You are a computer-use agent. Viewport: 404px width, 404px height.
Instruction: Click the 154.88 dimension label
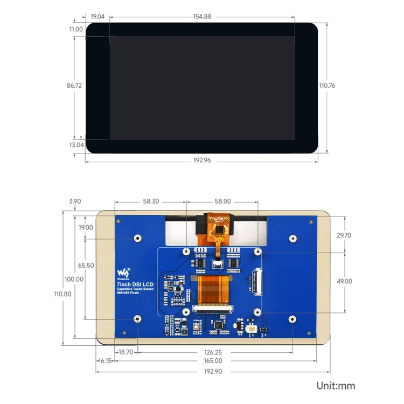pyautogui.click(x=202, y=17)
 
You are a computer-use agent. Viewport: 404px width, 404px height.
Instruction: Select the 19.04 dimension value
pyautogui.click(x=97, y=17)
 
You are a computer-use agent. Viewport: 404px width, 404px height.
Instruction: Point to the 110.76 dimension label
pyautogui.click(x=327, y=85)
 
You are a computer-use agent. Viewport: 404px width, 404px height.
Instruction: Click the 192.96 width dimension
pyautogui.click(x=202, y=161)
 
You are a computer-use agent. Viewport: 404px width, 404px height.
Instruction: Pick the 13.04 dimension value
pyautogui.click(x=76, y=145)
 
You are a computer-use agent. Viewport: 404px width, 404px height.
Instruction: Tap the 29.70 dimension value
pyautogui.click(x=344, y=235)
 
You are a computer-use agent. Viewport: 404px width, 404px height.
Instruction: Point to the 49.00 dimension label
pyautogui.click(x=344, y=281)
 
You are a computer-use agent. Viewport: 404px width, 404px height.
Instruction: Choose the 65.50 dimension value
pyautogui.click(x=86, y=266)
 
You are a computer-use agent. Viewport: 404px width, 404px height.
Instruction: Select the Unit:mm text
pyautogui.click(x=336, y=386)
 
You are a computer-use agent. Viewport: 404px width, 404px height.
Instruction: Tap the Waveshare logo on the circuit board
pyautogui.click(x=124, y=270)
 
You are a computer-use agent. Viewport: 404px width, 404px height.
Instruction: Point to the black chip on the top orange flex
pyautogui.click(x=220, y=229)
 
